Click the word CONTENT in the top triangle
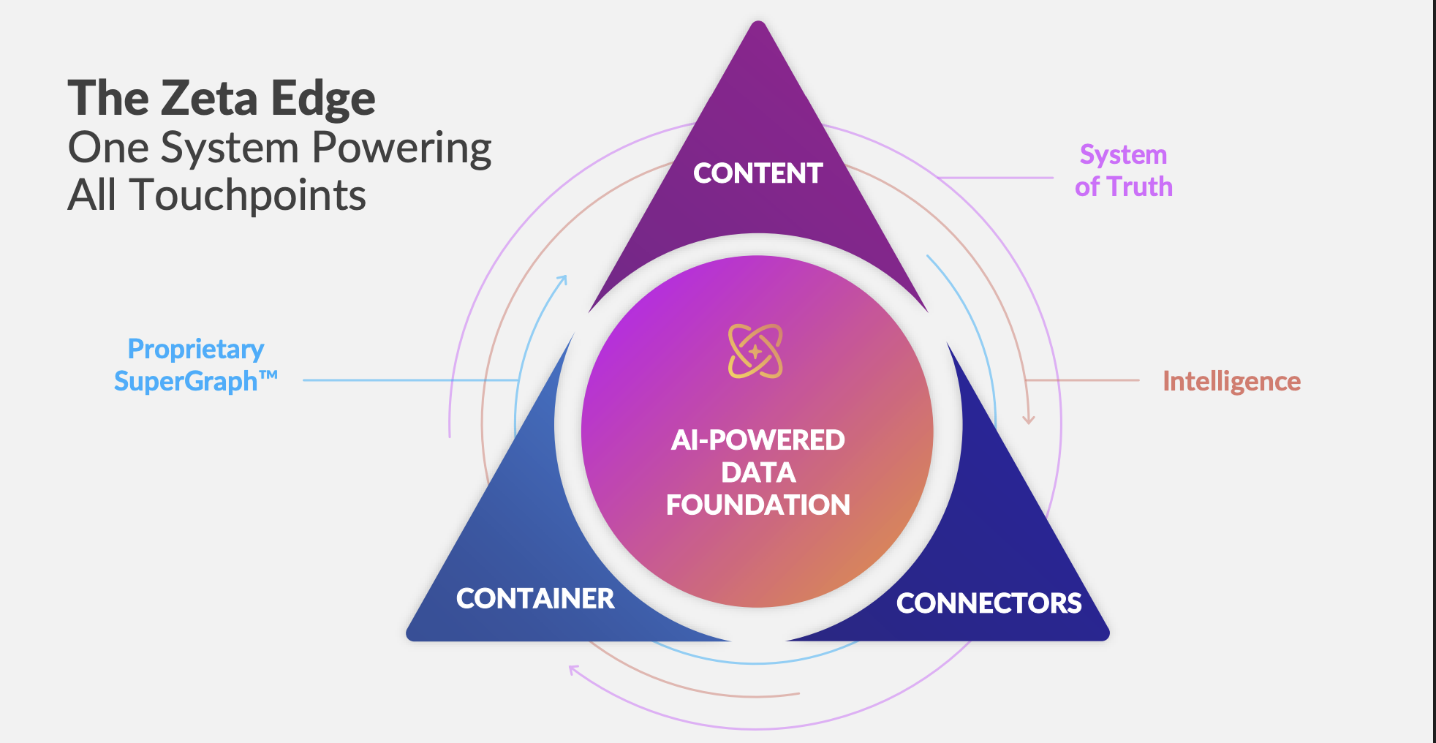[757, 173]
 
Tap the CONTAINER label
[535, 599]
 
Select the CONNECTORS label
[989, 603]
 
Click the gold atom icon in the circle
[755, 351]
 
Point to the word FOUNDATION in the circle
[758, 505]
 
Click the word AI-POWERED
[758, 440]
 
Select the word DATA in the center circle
[758, 472]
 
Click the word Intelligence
[1232, 382]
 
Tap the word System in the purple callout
[1123, 155]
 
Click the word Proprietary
[196, 350]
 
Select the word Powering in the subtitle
[401, 148]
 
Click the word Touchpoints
[248, 195]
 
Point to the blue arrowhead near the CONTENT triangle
[562, 280]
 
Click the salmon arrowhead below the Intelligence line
[1029, 420]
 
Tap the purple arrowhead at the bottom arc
[574, 670]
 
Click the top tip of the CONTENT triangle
[758, 21]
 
